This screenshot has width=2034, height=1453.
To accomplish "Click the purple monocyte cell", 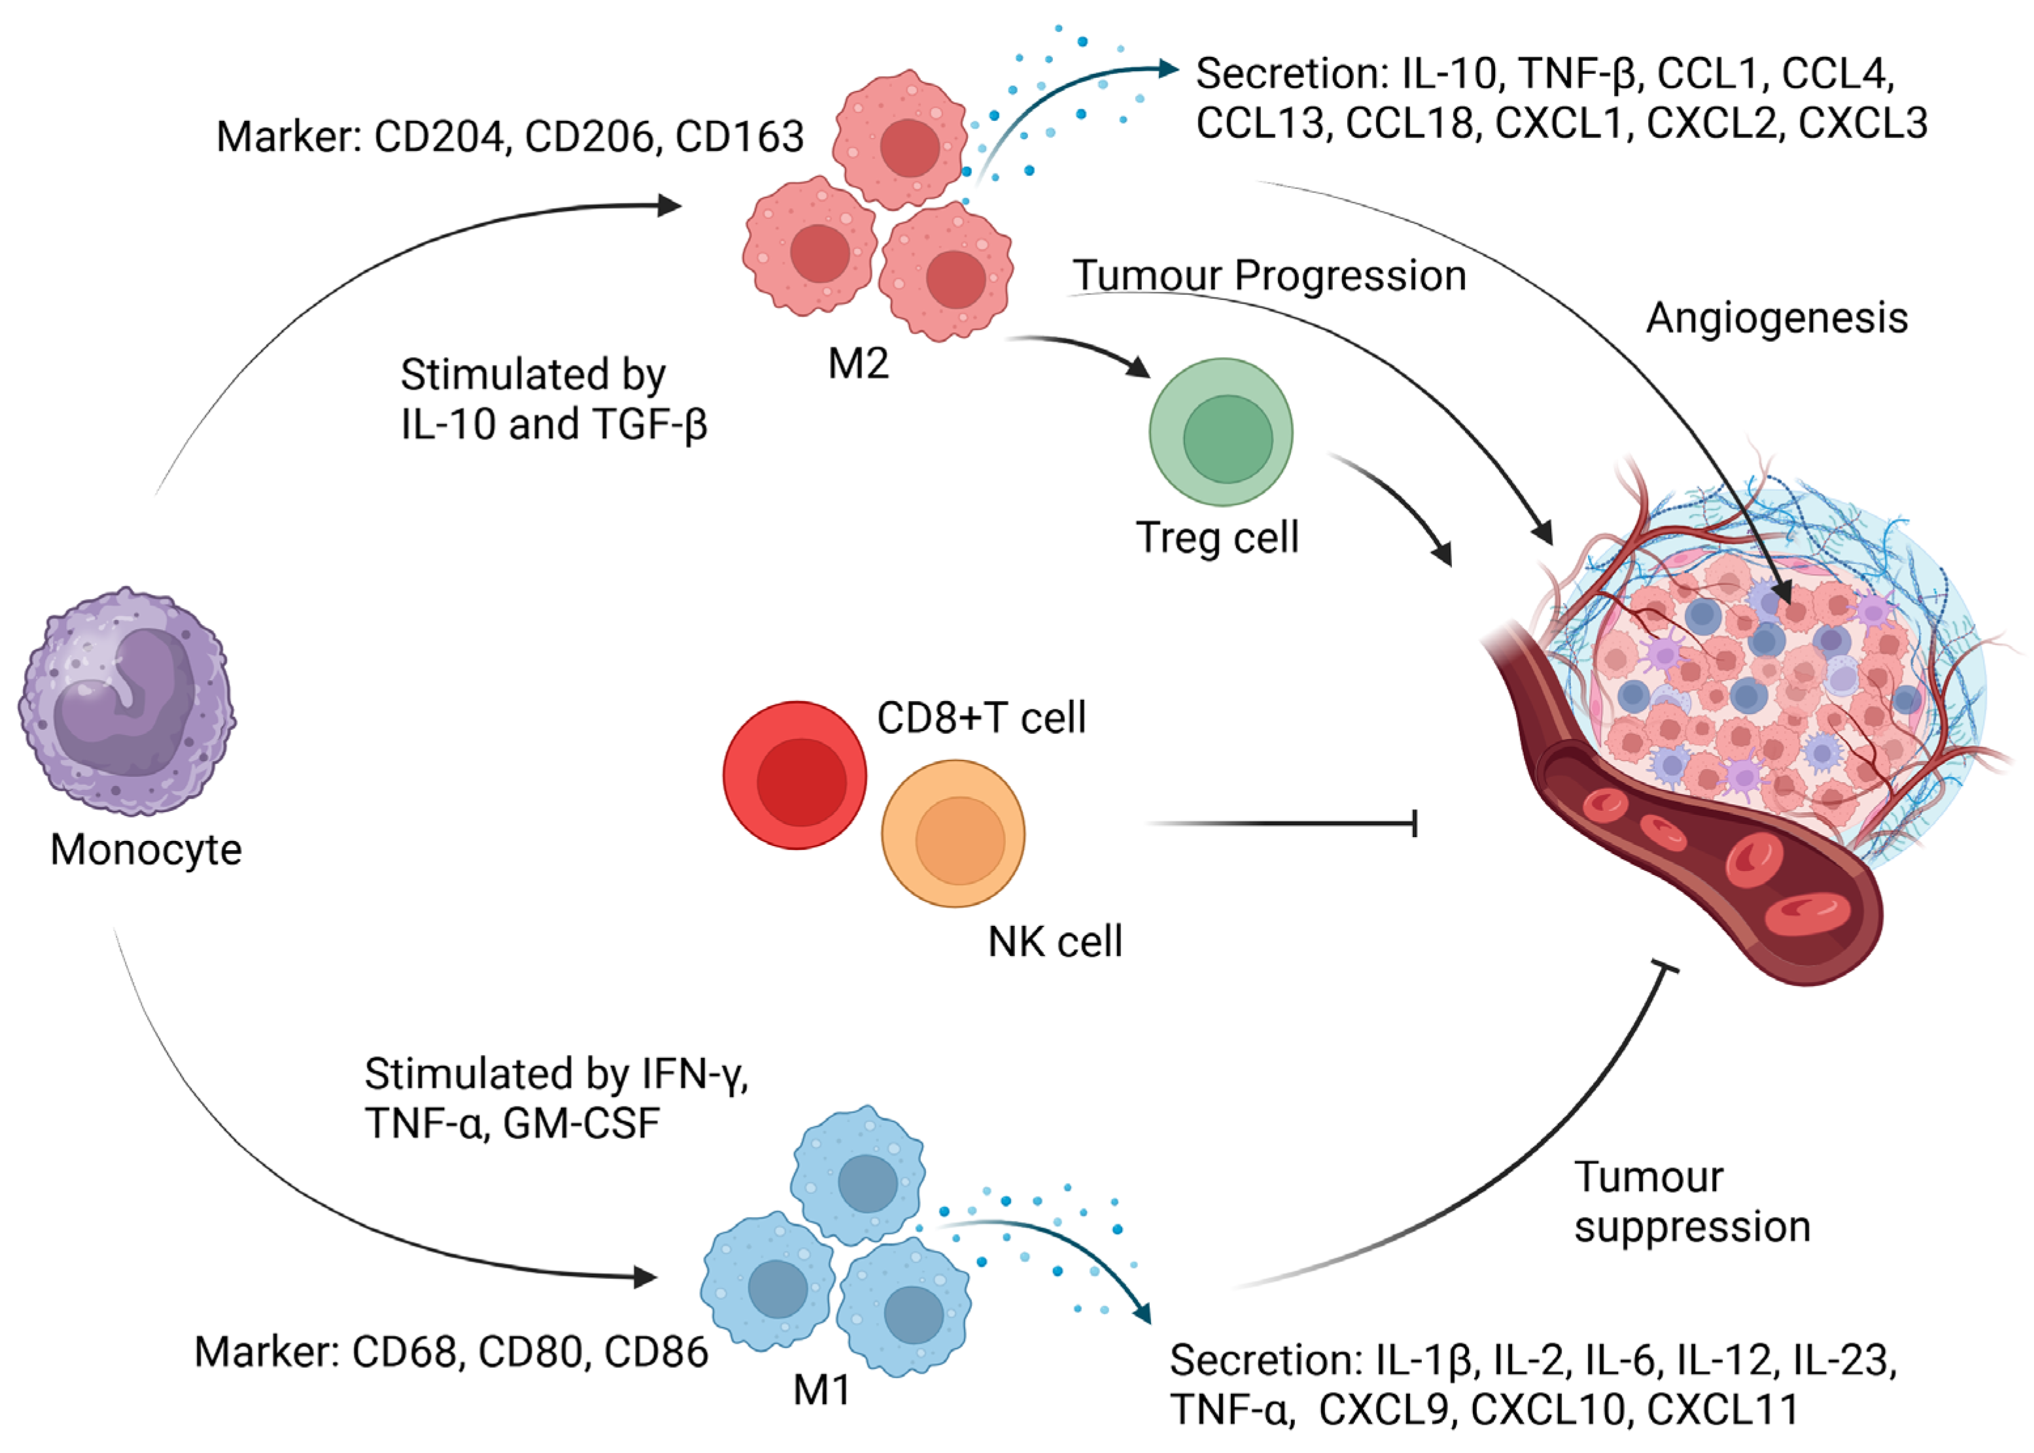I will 127,702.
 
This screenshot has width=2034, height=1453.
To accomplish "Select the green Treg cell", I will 1222,433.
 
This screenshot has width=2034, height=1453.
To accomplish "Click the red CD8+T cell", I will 795,775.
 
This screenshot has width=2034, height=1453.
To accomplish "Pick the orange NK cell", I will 953,834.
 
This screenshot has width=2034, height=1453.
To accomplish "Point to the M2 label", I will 858,364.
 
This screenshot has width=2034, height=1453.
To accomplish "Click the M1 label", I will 821,1390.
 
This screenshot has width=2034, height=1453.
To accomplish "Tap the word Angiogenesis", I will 1777,318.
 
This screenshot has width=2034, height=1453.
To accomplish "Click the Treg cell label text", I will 1217,538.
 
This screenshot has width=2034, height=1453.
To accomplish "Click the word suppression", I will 1692,1227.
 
